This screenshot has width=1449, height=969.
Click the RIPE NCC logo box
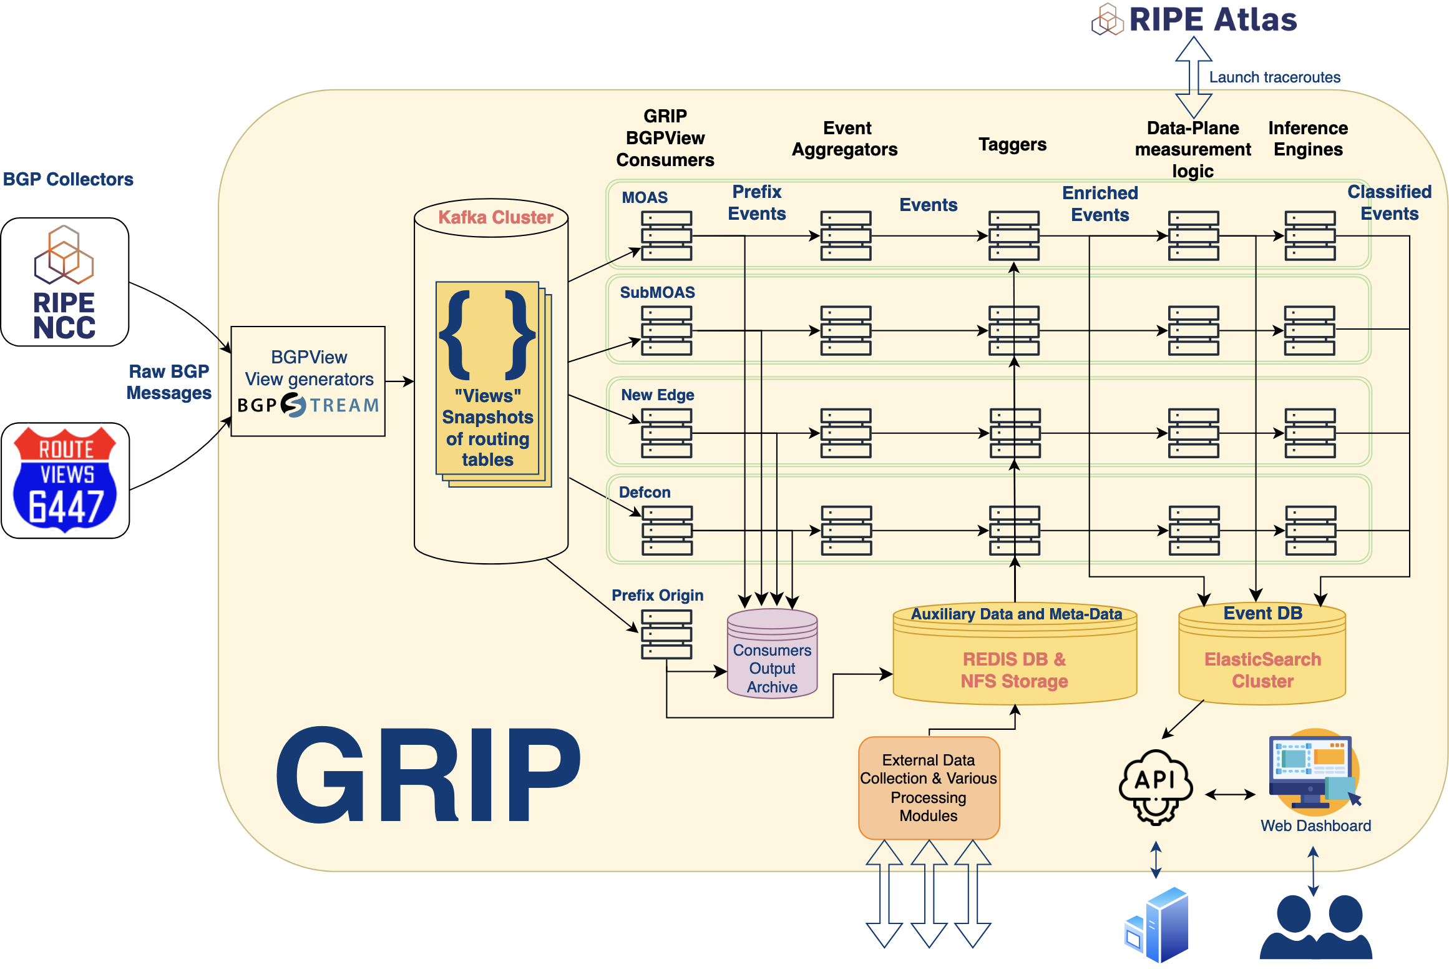point(65,282)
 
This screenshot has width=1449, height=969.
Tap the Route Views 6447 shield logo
point(65,480)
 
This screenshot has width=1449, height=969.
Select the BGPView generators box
point(308,381)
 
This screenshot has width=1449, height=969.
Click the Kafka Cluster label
point(495,217)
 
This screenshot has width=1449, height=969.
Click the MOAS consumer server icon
point(666,235)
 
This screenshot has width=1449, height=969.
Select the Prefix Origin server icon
point(666,634)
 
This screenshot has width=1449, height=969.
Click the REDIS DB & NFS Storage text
point(1014,670)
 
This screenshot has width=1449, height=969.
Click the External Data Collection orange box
point(929,787)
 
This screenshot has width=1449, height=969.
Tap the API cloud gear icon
point(1156,787)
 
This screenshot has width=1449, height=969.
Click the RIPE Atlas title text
point(1212,20)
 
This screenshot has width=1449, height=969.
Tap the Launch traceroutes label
point(1274,77)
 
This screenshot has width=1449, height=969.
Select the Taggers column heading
point(1012,145)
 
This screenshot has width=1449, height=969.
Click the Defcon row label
point(645,492)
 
